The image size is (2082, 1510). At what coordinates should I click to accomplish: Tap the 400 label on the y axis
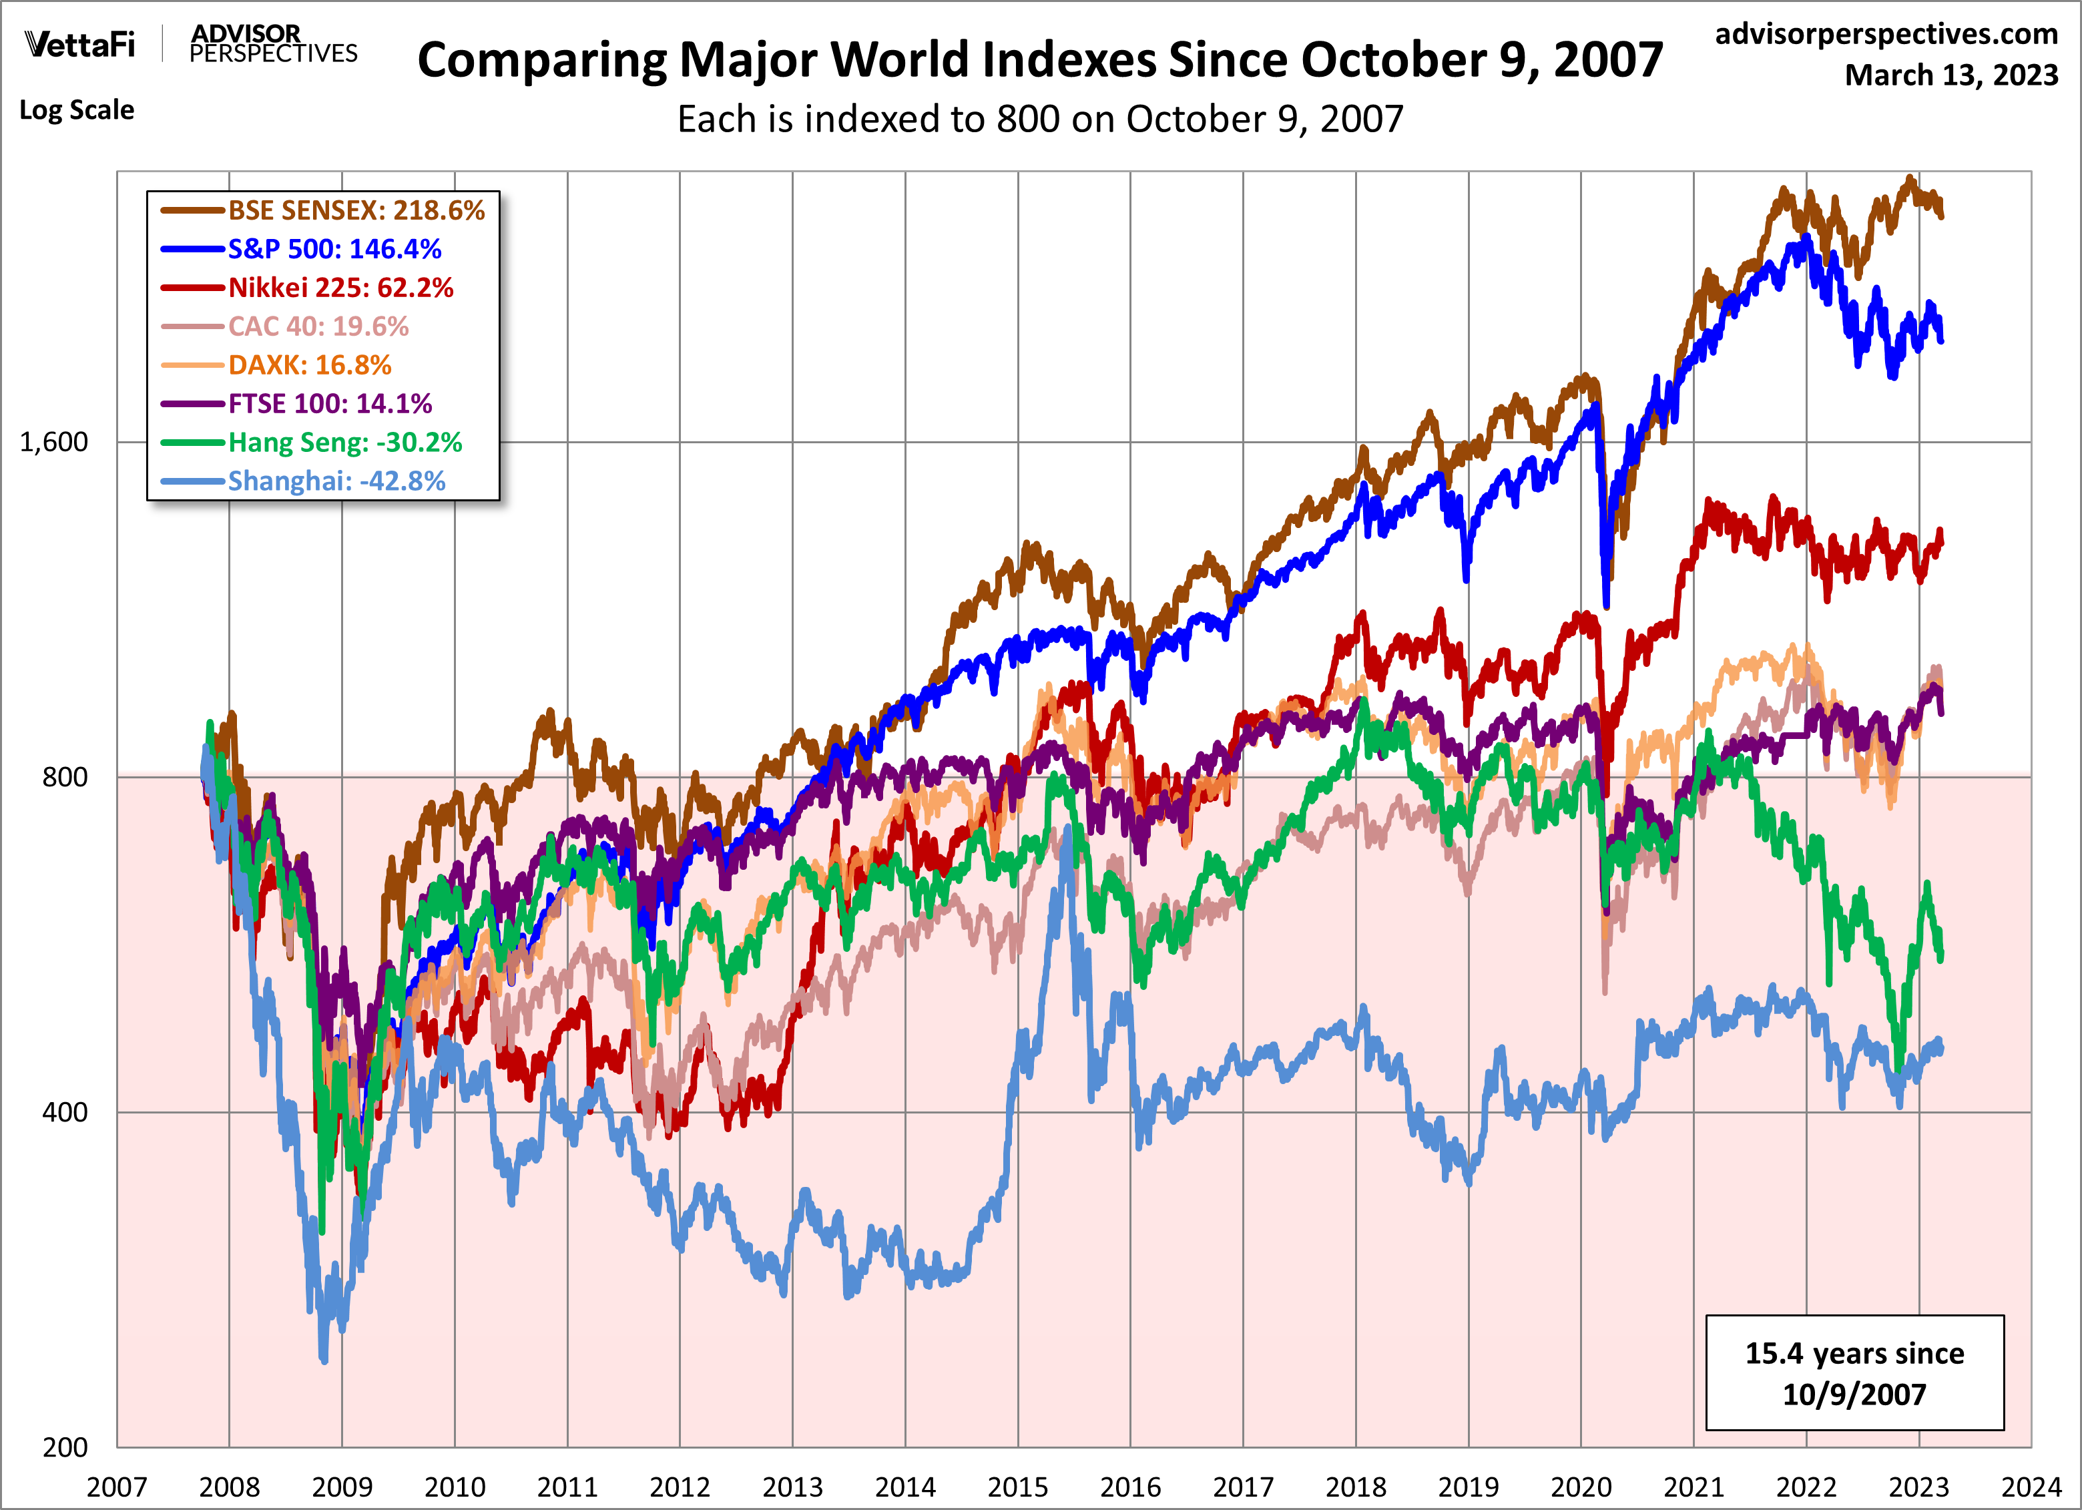(x=64, y=1111)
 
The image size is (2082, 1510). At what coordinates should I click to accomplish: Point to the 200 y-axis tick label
(x=64, y=1447)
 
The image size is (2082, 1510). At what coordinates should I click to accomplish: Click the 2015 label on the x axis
(x=1017, y=1486)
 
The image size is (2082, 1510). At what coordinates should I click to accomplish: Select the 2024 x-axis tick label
(x=2031, y=1486)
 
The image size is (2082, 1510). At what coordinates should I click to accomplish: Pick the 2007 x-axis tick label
(x=117, y=1486)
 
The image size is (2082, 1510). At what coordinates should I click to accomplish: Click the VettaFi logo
(x=80, y=44)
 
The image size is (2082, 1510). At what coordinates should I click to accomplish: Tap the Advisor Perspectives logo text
(x=272, y=44)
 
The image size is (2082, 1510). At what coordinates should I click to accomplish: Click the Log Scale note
(x=77, y=110)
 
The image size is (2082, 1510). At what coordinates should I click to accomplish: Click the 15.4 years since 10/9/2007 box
(x=1854, y=1372)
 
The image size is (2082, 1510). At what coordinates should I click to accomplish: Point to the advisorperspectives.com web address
(x=1886, y=34)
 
